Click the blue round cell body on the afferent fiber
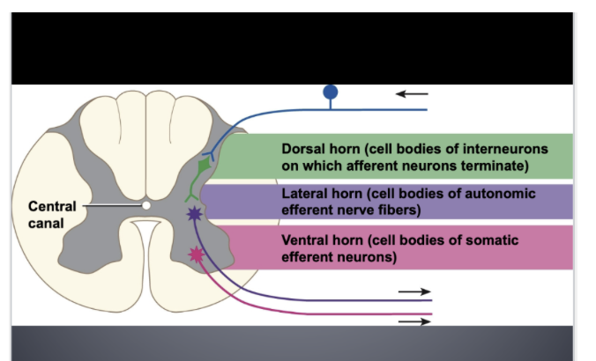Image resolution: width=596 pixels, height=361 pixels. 330,91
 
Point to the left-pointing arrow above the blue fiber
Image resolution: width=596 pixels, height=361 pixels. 412,93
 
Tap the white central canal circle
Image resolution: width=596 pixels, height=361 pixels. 145,205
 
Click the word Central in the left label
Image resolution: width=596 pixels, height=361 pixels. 52,206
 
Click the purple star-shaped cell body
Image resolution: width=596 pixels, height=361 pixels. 194,214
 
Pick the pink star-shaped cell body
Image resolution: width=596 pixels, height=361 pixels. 195,254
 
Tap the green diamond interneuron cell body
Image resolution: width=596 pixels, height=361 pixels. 204,165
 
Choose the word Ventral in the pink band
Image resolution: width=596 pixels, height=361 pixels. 305,239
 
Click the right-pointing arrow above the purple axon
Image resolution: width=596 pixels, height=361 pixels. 414,291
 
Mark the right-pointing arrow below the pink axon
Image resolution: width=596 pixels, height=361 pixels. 414,321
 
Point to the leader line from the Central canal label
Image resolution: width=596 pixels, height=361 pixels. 111,205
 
